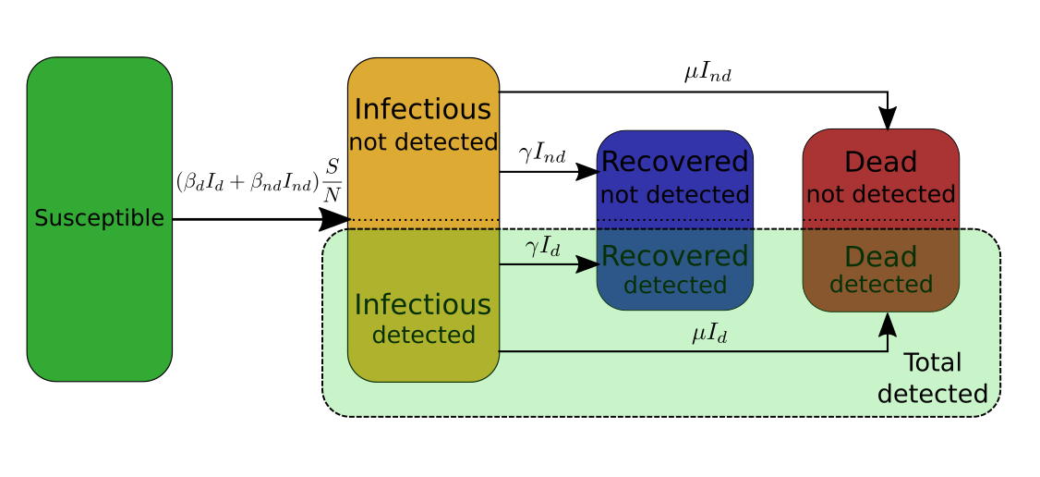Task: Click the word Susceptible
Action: pos(99,218)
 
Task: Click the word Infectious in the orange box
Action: pos(423,109)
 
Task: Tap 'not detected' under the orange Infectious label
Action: pos(423,142)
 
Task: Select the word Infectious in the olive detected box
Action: pos(423,304)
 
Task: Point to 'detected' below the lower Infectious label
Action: pos(423,335)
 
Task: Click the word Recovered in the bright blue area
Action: pos(674,162)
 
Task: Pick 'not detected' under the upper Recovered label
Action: pos(674,195)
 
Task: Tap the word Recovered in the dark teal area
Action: pos(674,256)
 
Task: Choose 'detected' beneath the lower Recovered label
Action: pos(674,286)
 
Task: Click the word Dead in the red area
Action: pos(880,163)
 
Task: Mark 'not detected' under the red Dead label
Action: pos(880,195)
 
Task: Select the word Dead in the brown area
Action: pos(880,257)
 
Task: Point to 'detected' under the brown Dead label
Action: pos(880,285)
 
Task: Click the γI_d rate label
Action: pos(543,248)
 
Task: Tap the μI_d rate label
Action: pos(709,334)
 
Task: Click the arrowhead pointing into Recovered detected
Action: pos(588,264)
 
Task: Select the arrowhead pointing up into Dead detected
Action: pos(888,324)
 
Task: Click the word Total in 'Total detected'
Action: pos(932,362)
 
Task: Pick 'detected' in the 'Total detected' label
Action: pos(932,395)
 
